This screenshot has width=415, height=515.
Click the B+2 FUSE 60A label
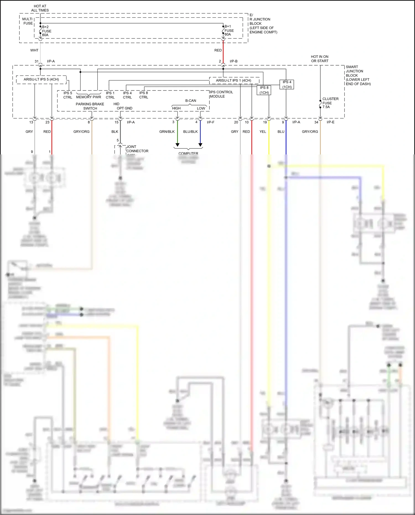pyautogui.click(x=46, y=31)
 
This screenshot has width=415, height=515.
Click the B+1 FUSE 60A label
pyautogui.click(x=229, y=30)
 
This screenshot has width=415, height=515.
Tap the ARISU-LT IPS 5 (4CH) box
pyautogui.click(x=41, y=79)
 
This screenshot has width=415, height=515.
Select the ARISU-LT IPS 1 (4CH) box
pyautogui.click(x=234, y=81)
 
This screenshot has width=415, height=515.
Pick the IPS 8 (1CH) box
pyautogui.click(x=264, y=90)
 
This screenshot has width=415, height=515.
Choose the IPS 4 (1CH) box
pyautogui.click(x=287, y=84)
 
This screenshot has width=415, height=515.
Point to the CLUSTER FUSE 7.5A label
pyautogui.click(x=330, y=103)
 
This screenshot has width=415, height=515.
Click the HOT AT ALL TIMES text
pyautogui.click(x=40, y=8)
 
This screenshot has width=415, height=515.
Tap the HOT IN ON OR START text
pyautogui.click(x=320, y=59)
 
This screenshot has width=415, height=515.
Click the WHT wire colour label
pyautogui.click(x=34, y=50)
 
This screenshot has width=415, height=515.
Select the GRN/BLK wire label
pyautogui.click(x=167, y=132)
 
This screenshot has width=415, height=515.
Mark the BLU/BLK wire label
pyautogui.click(x=190, y=132)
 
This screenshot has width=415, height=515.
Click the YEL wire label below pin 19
pyautogui.click(x=263, y=132)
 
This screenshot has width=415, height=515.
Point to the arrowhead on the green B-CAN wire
pyautogui.click(x=178, y=145)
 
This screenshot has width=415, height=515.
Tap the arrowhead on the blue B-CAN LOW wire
pyautogui.click(x=201, y=145)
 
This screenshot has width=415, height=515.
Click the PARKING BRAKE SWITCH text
pyautogui.click(x=90, y=106)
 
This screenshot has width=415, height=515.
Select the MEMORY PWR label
pyautogui.click(x=89, y=97)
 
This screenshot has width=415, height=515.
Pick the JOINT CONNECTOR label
pyautogui.click(x=137, y=149)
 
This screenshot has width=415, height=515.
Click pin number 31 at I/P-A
pyautogui.click(x=37, y=61)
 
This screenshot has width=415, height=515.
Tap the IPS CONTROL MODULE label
pyautogui.click(x=221, y=94)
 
